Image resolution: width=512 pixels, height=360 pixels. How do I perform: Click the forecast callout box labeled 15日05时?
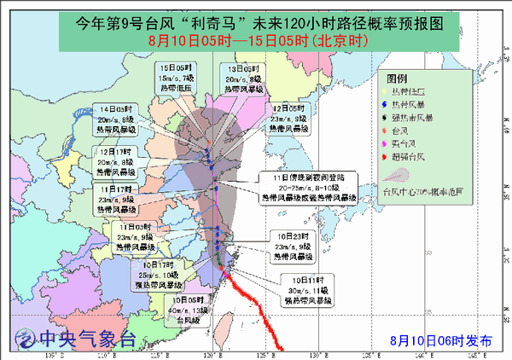coord(177,78)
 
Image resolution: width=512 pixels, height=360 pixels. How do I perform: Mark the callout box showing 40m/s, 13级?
coord(191,311)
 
